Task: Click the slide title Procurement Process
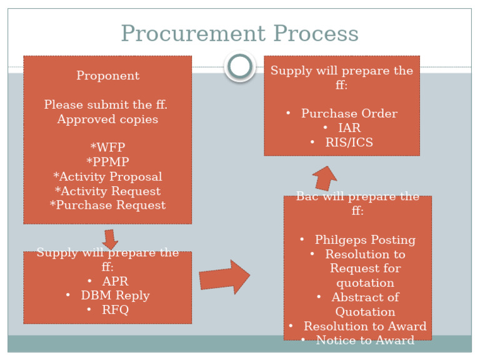pos(239,33)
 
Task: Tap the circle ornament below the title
pos(240,66)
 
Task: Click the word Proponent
pos(107,76)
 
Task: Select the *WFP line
pos(107,147)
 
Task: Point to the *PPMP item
pos(107,162)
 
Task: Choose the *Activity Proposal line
pos(107,176)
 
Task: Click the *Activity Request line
pos(107,191)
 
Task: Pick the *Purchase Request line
pos(107,205)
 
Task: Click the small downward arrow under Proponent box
pos(111,239)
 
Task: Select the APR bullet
pos(115,281)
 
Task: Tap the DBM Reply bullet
pos(115,295)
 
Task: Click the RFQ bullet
pos(115,309)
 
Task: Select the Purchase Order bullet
pos(349,113)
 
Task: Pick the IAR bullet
pos(349,127)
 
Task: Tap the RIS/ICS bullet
pos(349,142)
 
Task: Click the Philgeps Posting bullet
pos(365,239)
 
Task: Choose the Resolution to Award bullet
pos(365,326)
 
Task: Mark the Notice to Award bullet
pos(365,340)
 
